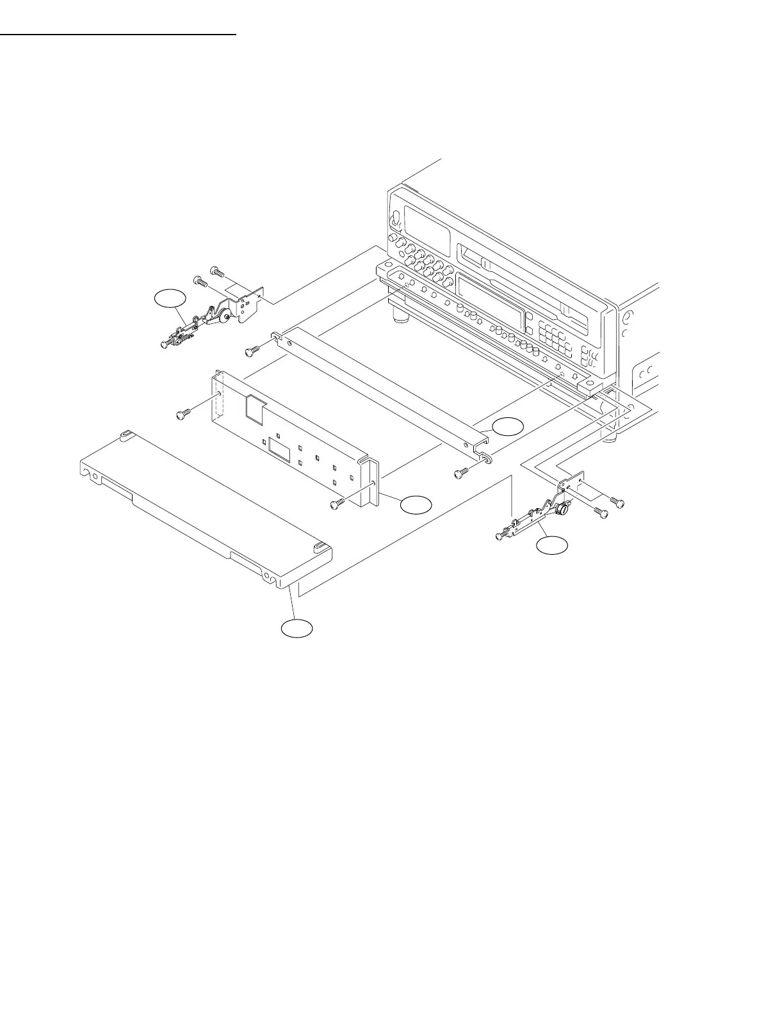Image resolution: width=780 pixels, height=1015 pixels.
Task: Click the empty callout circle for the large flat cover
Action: pyautogui.click(x=297, y=628)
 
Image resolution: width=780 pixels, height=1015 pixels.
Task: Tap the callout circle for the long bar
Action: pyautogui.click(x=508, y=426)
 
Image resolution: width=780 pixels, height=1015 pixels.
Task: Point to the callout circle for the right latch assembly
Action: pyautogui.click(x=551, y=545)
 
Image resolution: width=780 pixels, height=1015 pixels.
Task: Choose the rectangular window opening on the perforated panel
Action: pyautogui.click(x=279, y=447)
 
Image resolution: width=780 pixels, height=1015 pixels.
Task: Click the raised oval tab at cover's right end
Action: pyautogui.click(x=320, y=548)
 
